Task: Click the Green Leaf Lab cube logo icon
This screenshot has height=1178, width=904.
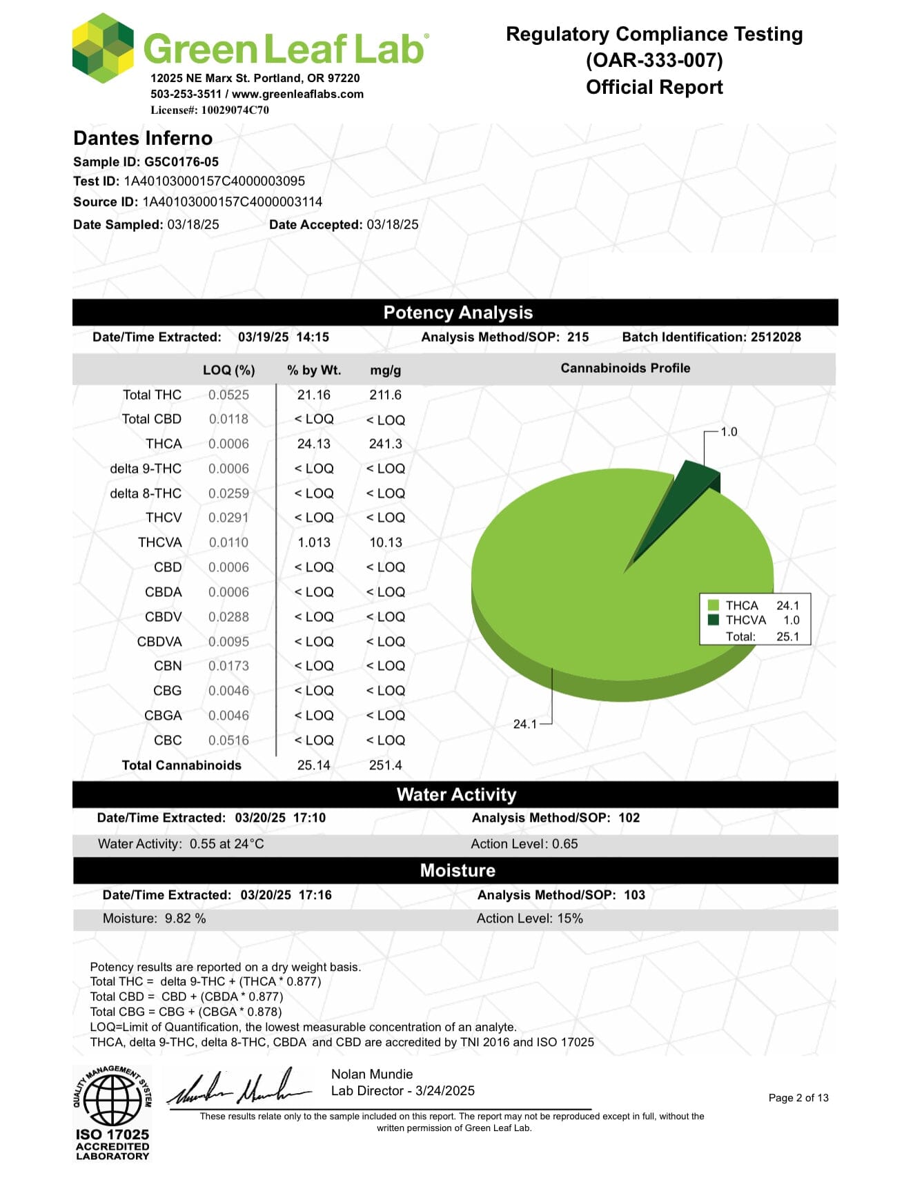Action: pos(103,48)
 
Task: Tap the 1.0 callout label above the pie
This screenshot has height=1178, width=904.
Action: pos(729,432)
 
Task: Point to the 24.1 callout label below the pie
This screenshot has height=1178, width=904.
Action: pos(524,724)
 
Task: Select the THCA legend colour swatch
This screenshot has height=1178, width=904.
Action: pos(714,605)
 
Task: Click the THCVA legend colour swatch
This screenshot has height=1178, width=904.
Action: pos(714,620)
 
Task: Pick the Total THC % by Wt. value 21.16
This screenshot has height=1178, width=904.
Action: pos(314,395)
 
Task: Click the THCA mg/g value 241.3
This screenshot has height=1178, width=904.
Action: pos(385,444)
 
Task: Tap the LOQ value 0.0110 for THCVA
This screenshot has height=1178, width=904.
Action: pos(228,542)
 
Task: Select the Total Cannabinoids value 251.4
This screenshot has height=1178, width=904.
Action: pos(385,765)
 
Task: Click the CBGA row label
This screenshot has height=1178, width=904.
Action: pos(163,716)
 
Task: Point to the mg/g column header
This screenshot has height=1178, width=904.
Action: pos(385,370)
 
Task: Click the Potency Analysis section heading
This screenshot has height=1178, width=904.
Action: pos(458,313)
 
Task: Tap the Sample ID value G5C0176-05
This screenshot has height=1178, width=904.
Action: pos(181,162)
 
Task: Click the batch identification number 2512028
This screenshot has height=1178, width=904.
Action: pos(776,337)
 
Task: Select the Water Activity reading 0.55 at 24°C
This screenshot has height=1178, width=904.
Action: pos(226,844)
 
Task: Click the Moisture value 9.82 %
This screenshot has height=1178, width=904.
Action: pos(185,919)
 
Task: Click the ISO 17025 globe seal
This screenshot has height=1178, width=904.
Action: pos(112,1102)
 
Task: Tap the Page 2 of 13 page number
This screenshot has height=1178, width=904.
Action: pos(798,1098)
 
